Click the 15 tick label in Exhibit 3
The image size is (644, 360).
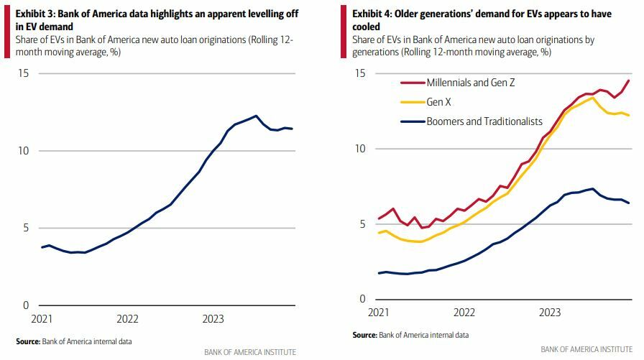[x=24, y=73]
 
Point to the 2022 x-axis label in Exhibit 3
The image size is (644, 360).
[x=127, y=318]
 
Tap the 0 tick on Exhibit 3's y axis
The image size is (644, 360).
[x=27, y=305]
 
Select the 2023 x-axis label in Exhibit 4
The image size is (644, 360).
[x=549, y=313]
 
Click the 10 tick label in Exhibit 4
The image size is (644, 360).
[x=361, y=149]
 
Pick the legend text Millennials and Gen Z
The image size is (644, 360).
[x=470, y=83]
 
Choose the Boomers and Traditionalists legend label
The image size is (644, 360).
[x=484, y=121]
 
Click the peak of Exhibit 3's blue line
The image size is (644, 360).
[x=256, y=116]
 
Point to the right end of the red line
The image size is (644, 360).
[x=629, y=80]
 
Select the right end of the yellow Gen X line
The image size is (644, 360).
[x=629, y=115]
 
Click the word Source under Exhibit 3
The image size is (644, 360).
[x=27, y=341]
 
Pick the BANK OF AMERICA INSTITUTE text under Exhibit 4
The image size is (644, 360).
[x=586, y=349]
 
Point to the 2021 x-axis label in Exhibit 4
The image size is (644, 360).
[x=379, y=313]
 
